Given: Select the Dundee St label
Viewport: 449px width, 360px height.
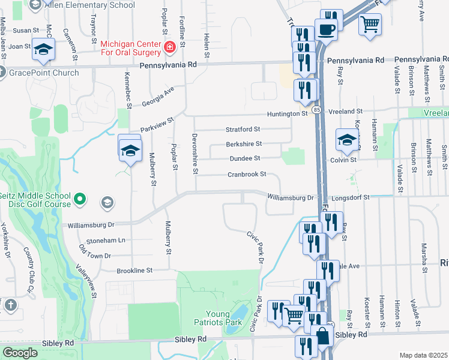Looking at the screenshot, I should pyautogui.click(x=246, y=158).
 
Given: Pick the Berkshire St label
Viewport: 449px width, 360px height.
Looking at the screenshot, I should pyautogui.click(x=244, y=144).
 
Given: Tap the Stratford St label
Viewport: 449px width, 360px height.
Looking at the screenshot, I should pyautogui.click(x=243, y=129).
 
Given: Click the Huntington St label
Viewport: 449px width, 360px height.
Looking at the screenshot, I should pyautogui.click(x=288, y=113).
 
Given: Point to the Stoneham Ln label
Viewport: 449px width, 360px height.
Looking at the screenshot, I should pyautogui.click(x=106, y=240).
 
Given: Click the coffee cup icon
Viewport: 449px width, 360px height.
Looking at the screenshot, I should pyautogui.click(x=327, y=29).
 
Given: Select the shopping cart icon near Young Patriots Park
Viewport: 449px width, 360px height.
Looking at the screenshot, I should pyautogui.click(x=294, y=314).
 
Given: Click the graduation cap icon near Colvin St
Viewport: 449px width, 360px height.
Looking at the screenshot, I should pyautogui.click(x=346, y=140).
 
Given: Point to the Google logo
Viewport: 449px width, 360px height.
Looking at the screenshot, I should pyautogui.click(x=20, y=353).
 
